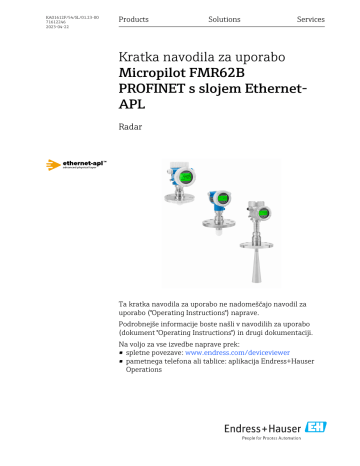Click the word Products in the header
(133, 20)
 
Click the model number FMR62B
(243, 77)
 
